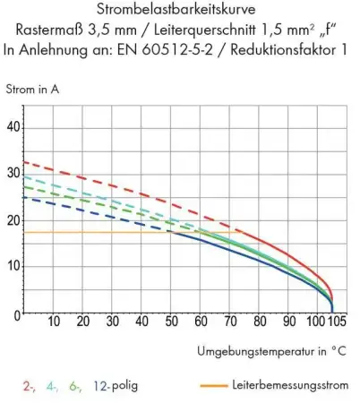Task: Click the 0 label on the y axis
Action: pos(17,313)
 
